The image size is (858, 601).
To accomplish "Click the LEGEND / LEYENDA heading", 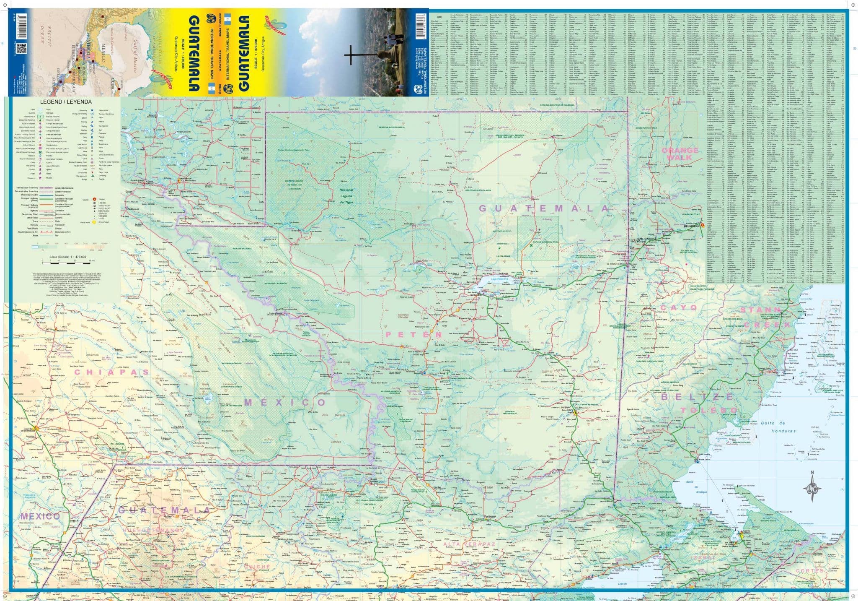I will (66, 102).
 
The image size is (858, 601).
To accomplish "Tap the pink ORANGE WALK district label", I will (680, 154).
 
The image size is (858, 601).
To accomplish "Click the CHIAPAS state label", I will (111, 372).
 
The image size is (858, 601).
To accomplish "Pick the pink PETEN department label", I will (414, 334).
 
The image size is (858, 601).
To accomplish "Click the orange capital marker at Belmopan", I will (703, 225).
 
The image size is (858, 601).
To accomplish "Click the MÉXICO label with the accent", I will (285, 403).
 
